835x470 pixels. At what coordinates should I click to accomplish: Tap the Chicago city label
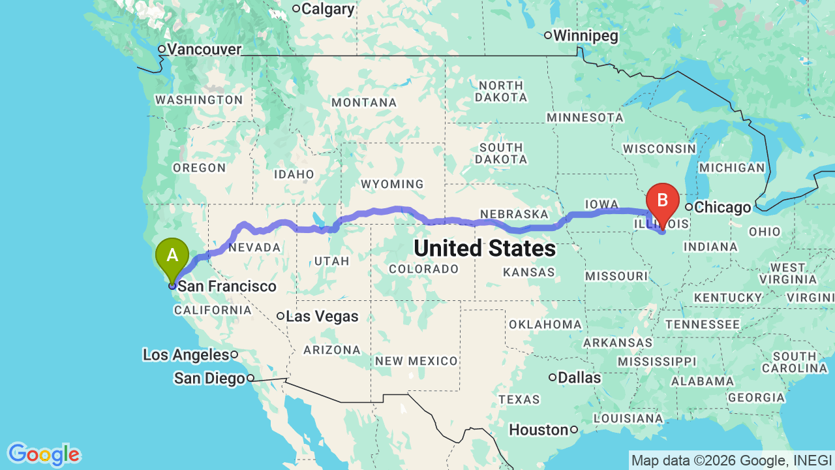pyautogui.click(x=721, y=208)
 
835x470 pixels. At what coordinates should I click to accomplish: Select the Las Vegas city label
pyautogui.click(x=322, y=317)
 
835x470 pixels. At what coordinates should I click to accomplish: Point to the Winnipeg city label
pyautogui.click(x=585, y=36)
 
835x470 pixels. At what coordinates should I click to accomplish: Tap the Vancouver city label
pyautogui.click(x=204, y=50)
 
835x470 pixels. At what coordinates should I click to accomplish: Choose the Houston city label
pyautogui.click(x=539, y=430)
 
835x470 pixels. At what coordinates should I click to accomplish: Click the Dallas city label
pyautogui.click(x=579, y=377)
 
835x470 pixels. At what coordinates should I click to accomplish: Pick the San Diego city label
pyautogui.click(x=209, y=379)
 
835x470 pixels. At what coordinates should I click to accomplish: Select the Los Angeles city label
pyautogui.click(x=186, y=355)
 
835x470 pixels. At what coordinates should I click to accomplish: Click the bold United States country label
pyautogui.click(x=484, y=249)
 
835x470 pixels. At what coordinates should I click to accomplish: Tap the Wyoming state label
pyautogui.click(x=392, y=185)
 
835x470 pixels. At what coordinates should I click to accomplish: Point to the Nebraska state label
pyautogui.click(x=514, y=214)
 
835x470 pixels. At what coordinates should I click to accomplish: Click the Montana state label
pyautogui.click(x=364, y=102)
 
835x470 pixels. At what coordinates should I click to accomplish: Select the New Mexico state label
pyautogui.click(x=416, y=361)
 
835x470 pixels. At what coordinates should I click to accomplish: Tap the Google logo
pyautogui.click(x=44, y=454)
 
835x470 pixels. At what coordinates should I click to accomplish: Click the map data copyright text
pyautogui.click(x=731, y=460)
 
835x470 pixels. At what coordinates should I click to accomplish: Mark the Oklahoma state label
pyautogui.click(x=545, y=324)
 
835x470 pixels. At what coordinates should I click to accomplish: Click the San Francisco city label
pyautogui.click(x=227, y=287)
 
